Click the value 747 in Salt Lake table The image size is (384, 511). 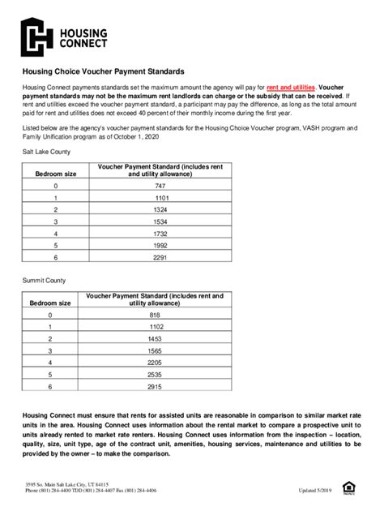click(160, 186)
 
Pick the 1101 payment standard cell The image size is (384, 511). click(160, 198)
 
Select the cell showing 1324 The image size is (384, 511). click(160, 209)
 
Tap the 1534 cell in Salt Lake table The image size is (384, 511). click(160, 221)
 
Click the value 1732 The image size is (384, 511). click(160, 233)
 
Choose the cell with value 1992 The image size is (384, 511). click(160, 244)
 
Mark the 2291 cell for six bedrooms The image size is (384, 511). click(160, 256)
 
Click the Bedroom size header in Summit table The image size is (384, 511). click(50, 303)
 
